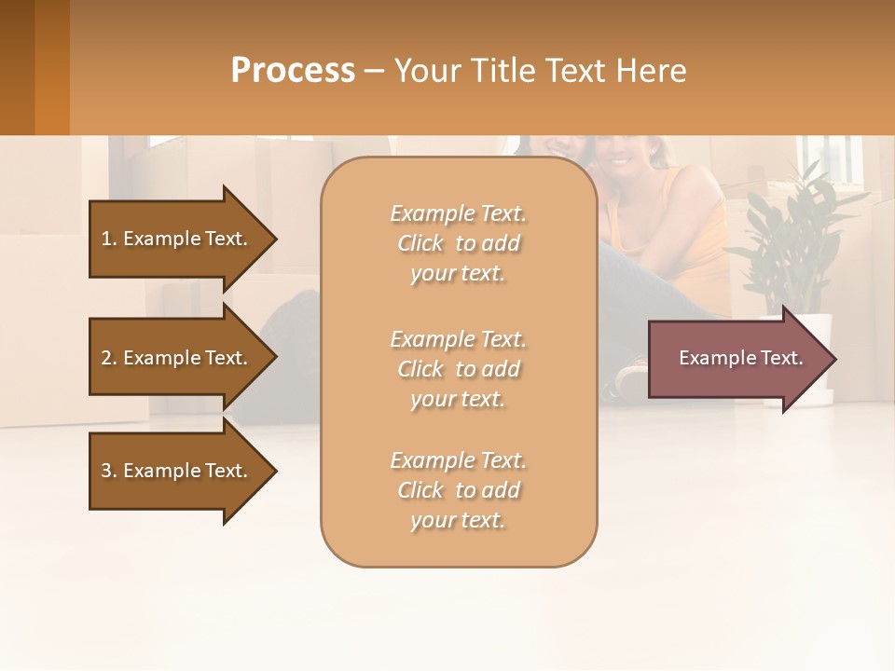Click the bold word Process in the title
pos(293,71)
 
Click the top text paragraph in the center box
pos(458,243)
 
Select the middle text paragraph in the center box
pos(458,369)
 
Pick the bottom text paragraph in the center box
pos(458,490)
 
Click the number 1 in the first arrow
pos(106,239)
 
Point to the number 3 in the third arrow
pos(106,471)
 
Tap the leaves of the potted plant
pos(792,233)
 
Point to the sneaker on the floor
pos(631,377)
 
